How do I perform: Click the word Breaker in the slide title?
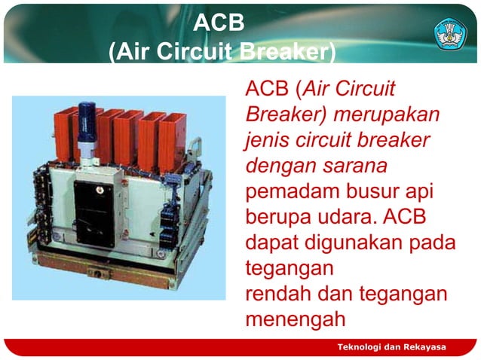click(283, 53)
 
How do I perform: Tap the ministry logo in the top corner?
click(451, 32)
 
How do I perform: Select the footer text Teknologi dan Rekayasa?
click(391, 346)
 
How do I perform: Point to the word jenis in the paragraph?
click(269, 141)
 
